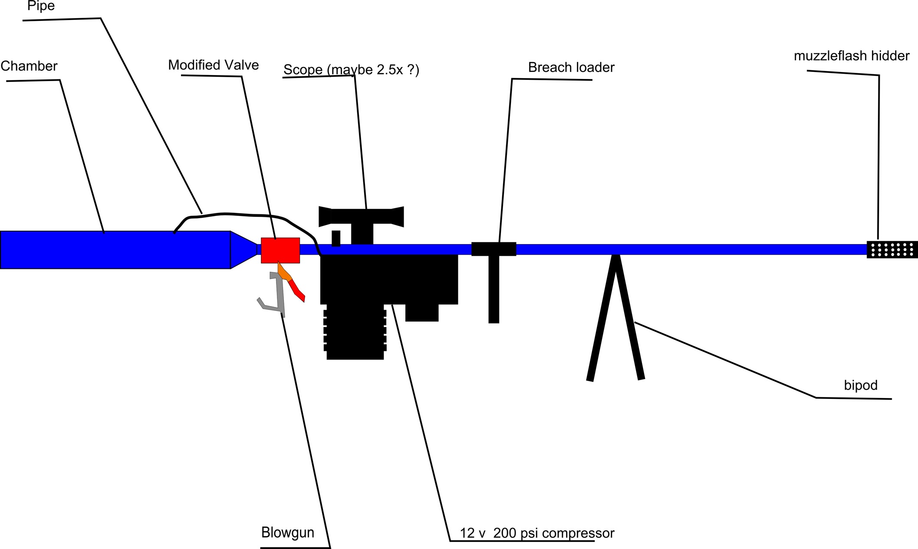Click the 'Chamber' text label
29,66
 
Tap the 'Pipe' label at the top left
41,6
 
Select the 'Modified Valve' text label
213,65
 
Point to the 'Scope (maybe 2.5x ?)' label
351,69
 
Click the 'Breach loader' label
571,68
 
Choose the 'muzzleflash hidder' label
851,56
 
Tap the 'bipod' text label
860,385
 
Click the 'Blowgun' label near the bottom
287,533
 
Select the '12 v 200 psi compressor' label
537,533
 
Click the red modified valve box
280,250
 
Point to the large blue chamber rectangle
115,250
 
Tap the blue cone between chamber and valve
242,250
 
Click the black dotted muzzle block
892,249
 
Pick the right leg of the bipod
629,319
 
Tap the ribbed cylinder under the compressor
355,332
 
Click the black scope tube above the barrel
361,216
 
